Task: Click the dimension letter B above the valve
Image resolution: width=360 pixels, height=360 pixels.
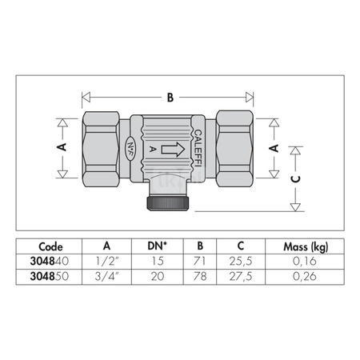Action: coord(170,98)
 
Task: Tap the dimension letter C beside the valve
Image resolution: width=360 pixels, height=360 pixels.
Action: coord(295,179)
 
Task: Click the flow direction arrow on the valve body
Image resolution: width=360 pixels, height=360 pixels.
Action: coord(173,150)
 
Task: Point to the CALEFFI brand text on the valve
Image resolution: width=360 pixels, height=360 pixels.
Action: coord(198,148)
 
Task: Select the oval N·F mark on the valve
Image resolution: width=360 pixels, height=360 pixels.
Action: coord(130,149)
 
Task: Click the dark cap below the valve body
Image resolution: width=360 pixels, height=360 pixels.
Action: coord(168,203)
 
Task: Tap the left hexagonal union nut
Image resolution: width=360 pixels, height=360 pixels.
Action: coord(101,149)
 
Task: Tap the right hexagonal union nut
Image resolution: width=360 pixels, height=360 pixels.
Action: coord(234,149)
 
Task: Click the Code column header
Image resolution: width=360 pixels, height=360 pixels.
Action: coord(50,246)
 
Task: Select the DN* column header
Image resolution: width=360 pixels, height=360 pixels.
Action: coord(157,246)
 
